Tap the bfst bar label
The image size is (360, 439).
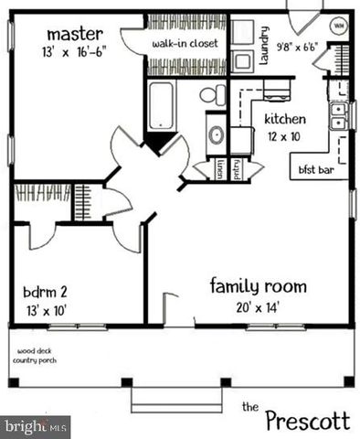(x=314, y=170)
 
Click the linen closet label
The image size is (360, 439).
(x=220, y=169)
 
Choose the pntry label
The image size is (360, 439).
(x=238, y=169)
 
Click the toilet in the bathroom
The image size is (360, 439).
(x=211, y=93)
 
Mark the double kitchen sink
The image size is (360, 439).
(x=338, y=114)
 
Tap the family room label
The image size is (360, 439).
(x=259, y=286)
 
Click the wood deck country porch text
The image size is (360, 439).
(x=32, y=355)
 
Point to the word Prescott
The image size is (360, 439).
(x=306, y=421)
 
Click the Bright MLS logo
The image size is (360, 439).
(x=37, y=426)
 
